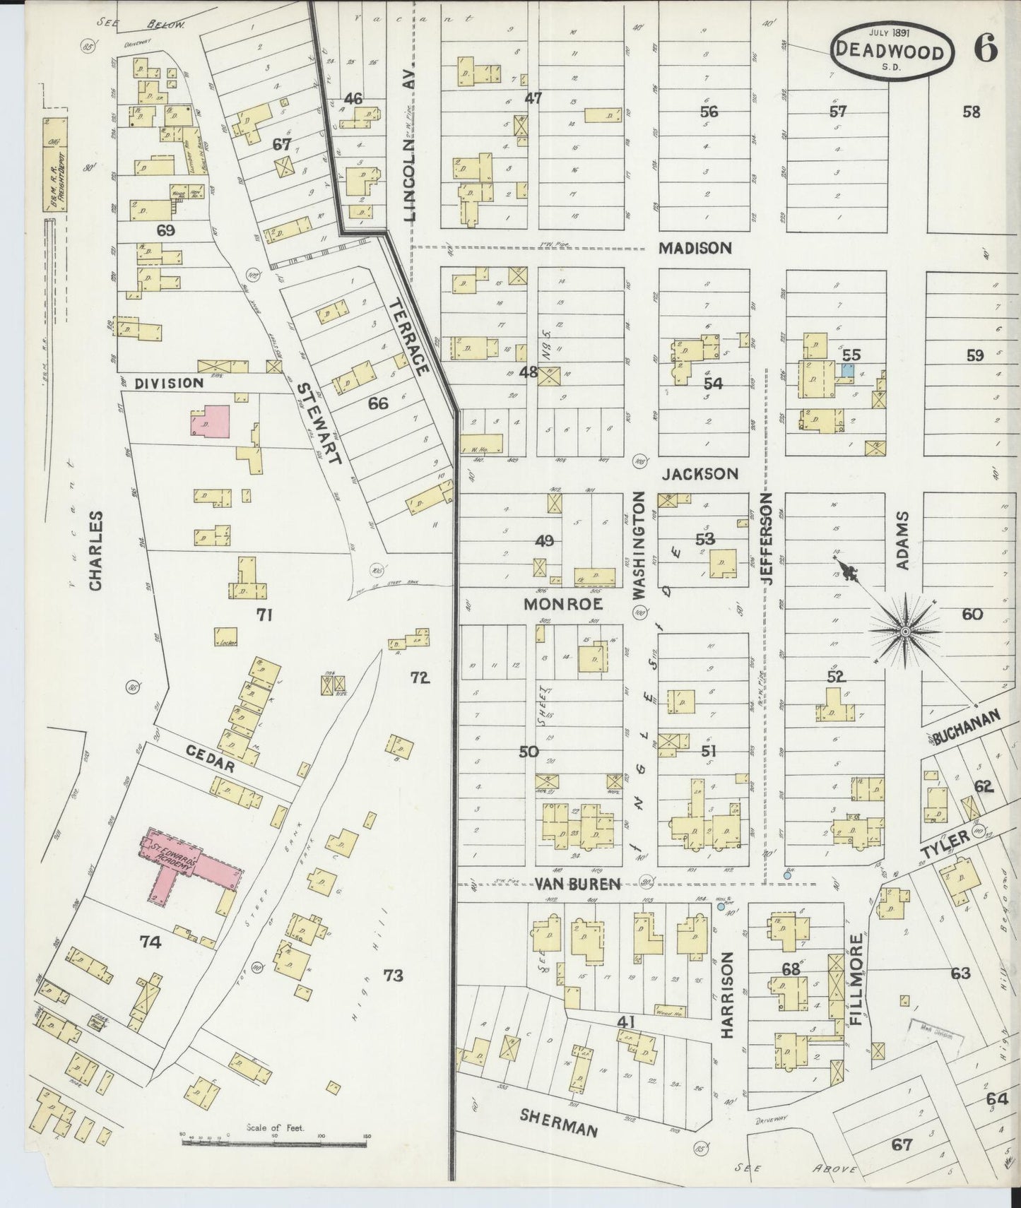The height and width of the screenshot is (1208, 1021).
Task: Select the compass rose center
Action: pyautogui.click(x=904, y=630)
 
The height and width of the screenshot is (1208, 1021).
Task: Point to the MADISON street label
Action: pyautogui.click(x=695, y=248)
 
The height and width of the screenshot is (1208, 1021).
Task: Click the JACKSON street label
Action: pyautogui.click(x=700, y=473)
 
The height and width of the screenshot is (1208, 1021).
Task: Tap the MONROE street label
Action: pyautogui.click(x=562, y=604)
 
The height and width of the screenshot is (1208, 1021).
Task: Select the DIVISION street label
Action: pyautogui.click(x=168, y=382)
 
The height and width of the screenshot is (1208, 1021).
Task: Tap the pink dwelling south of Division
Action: pyautogui.click(x=210, y=421)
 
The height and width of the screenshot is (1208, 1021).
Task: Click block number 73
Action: pyautogui.click(x=393, y=976)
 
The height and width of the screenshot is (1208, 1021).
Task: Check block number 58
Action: pyautogui.click(x=972, y=111)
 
